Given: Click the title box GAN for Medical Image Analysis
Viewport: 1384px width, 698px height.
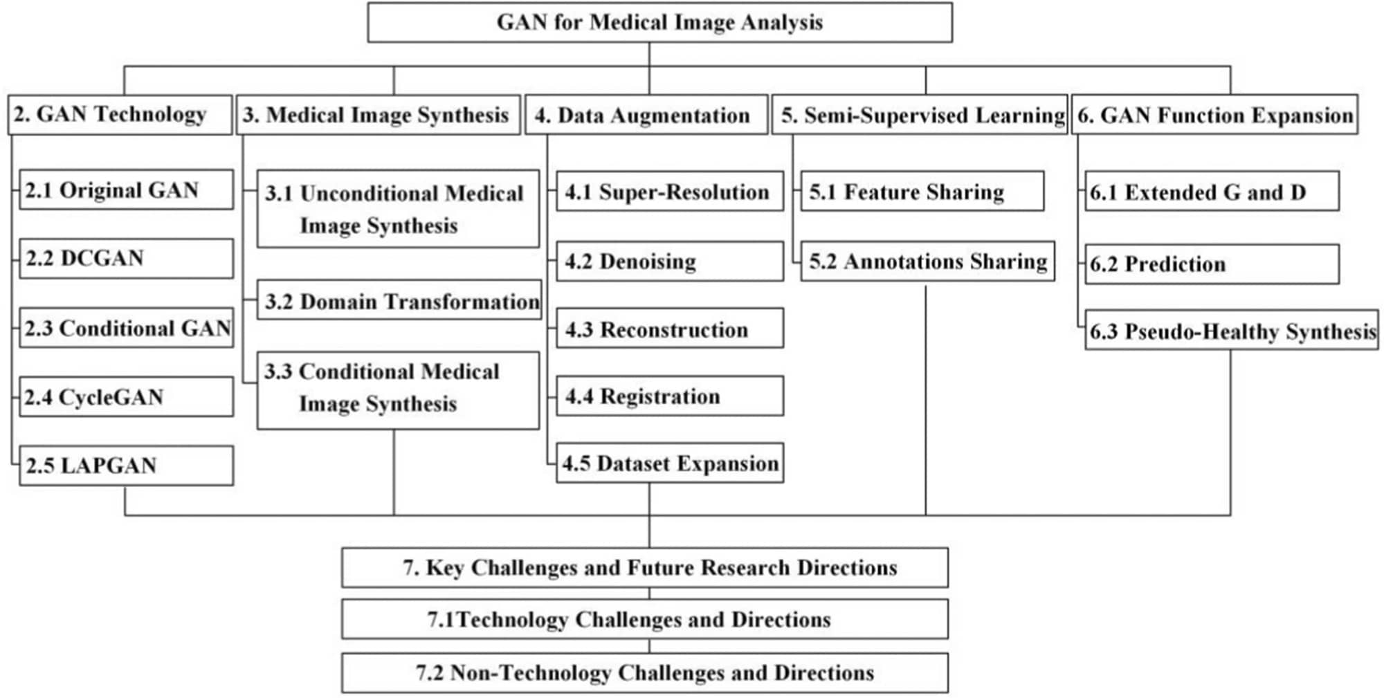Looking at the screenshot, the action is [659, 22].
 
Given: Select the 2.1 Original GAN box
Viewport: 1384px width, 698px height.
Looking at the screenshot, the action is [126, 190].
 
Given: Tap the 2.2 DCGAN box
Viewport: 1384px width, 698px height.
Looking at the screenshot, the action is [126, 259].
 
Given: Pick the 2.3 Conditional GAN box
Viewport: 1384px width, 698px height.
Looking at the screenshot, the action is [126, 328].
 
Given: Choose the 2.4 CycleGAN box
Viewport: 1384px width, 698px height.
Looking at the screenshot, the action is [126, 396].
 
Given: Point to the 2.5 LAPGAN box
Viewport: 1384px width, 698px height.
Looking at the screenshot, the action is [126, 466].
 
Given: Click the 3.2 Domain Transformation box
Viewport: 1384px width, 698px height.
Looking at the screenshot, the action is [399, 300].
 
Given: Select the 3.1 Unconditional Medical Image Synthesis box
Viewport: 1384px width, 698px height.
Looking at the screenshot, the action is [398, 209].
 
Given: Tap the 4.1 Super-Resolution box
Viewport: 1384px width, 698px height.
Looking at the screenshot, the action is [670, 191].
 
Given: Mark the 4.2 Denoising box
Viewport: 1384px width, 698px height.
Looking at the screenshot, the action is [670, 261].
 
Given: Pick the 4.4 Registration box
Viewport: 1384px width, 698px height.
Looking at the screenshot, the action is [670, 396].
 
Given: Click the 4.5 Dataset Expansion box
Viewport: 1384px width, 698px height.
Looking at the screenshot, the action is [670, 463].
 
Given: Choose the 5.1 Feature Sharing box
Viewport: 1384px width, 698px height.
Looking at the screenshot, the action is [922, 191].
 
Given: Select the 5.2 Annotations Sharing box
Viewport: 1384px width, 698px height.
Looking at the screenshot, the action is [928, 261].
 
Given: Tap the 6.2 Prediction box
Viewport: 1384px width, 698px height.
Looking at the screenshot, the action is [1212, 264].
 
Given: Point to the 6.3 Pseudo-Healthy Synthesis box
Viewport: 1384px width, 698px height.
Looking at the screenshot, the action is [1232, 330].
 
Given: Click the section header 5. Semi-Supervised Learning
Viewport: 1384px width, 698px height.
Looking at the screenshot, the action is [920, 114].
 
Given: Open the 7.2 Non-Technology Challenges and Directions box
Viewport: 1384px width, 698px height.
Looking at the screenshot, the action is [645, 673].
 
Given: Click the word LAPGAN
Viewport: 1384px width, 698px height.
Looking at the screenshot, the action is [109, 466].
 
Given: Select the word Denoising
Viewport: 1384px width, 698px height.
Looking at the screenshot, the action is [648, 261].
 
